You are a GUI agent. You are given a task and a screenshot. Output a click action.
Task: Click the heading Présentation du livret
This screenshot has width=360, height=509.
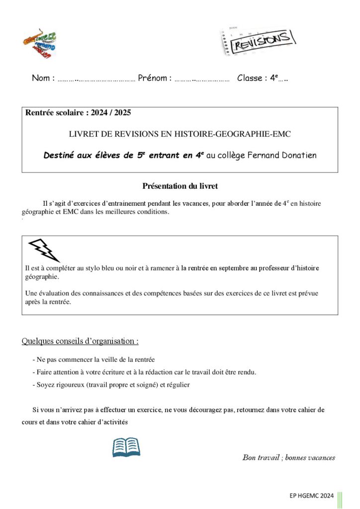coord(180,186)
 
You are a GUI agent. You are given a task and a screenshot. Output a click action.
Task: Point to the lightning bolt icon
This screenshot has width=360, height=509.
coord(44,249)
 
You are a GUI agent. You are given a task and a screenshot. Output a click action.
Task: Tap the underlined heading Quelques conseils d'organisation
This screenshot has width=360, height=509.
coord(80,341)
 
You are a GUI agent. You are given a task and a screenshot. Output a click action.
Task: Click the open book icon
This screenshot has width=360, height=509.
coord(126,447)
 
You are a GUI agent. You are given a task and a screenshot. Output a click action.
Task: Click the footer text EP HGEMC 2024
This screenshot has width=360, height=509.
coord(311,496)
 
